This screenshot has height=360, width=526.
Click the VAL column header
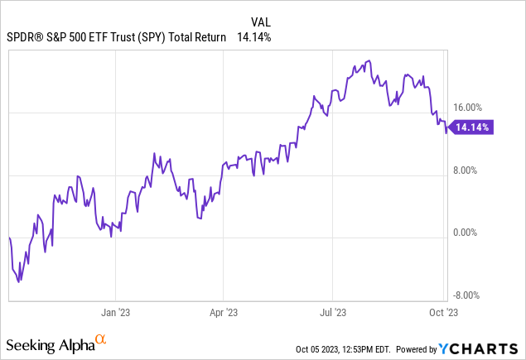click(262, 22)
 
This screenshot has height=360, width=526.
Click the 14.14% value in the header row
click(254, 37)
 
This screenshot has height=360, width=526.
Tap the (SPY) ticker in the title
click(148, 37)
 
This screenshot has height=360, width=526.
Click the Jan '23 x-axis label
click(114, 314)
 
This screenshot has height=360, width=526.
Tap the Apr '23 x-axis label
click(224, 314)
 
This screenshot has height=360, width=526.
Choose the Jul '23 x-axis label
click(332, 314)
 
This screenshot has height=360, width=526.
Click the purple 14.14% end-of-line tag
click(471, 127)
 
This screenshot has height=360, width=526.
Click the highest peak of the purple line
click(368, 60)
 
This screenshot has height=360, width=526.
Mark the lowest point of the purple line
click(20, 281)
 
